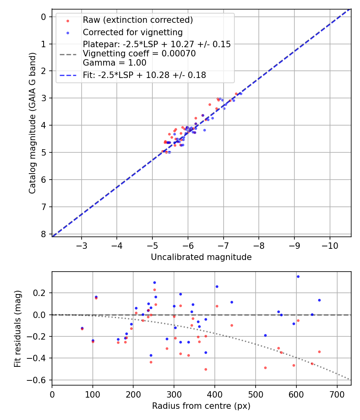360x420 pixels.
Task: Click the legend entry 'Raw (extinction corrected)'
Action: tap(138, 20)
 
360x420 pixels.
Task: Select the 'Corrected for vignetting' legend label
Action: tap(132, 32)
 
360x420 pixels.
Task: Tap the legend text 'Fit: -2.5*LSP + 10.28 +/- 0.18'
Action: tap(144, 75)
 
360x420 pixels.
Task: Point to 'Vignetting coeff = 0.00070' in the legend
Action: tap(139, 54)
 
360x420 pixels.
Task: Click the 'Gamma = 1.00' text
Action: tap(114, 63)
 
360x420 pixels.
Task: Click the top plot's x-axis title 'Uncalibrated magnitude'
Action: tap(201, 257)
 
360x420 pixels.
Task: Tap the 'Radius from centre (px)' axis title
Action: tap(201, 406)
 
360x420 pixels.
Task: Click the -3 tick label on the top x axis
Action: tap(82, 245)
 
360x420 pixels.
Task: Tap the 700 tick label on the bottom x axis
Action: tap(337, 394)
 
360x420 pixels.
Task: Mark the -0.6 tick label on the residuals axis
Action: tap(38, 380)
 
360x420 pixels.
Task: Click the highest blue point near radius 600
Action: tap(298, 276)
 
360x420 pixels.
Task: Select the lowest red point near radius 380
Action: tap(206, 369)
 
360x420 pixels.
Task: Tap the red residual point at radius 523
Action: tap(265, 368)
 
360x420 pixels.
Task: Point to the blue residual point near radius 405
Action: tap(217, 286)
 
